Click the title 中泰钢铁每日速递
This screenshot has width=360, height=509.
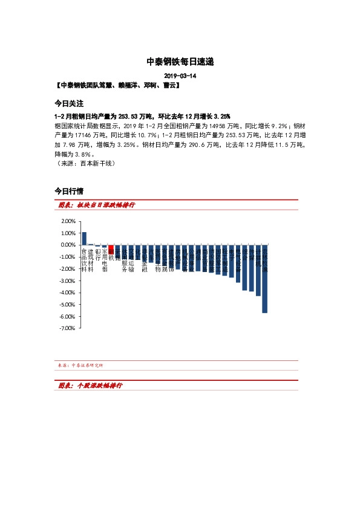click(180, 62)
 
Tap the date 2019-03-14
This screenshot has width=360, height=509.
click(180, 76)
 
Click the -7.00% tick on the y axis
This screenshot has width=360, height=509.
click(67, 328)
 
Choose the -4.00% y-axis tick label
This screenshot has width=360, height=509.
click(67, 293)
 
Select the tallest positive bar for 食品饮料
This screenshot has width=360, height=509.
click(84, 238)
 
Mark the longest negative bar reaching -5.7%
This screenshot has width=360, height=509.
click(264, 279)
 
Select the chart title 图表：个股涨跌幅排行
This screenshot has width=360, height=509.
click(93, 385)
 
